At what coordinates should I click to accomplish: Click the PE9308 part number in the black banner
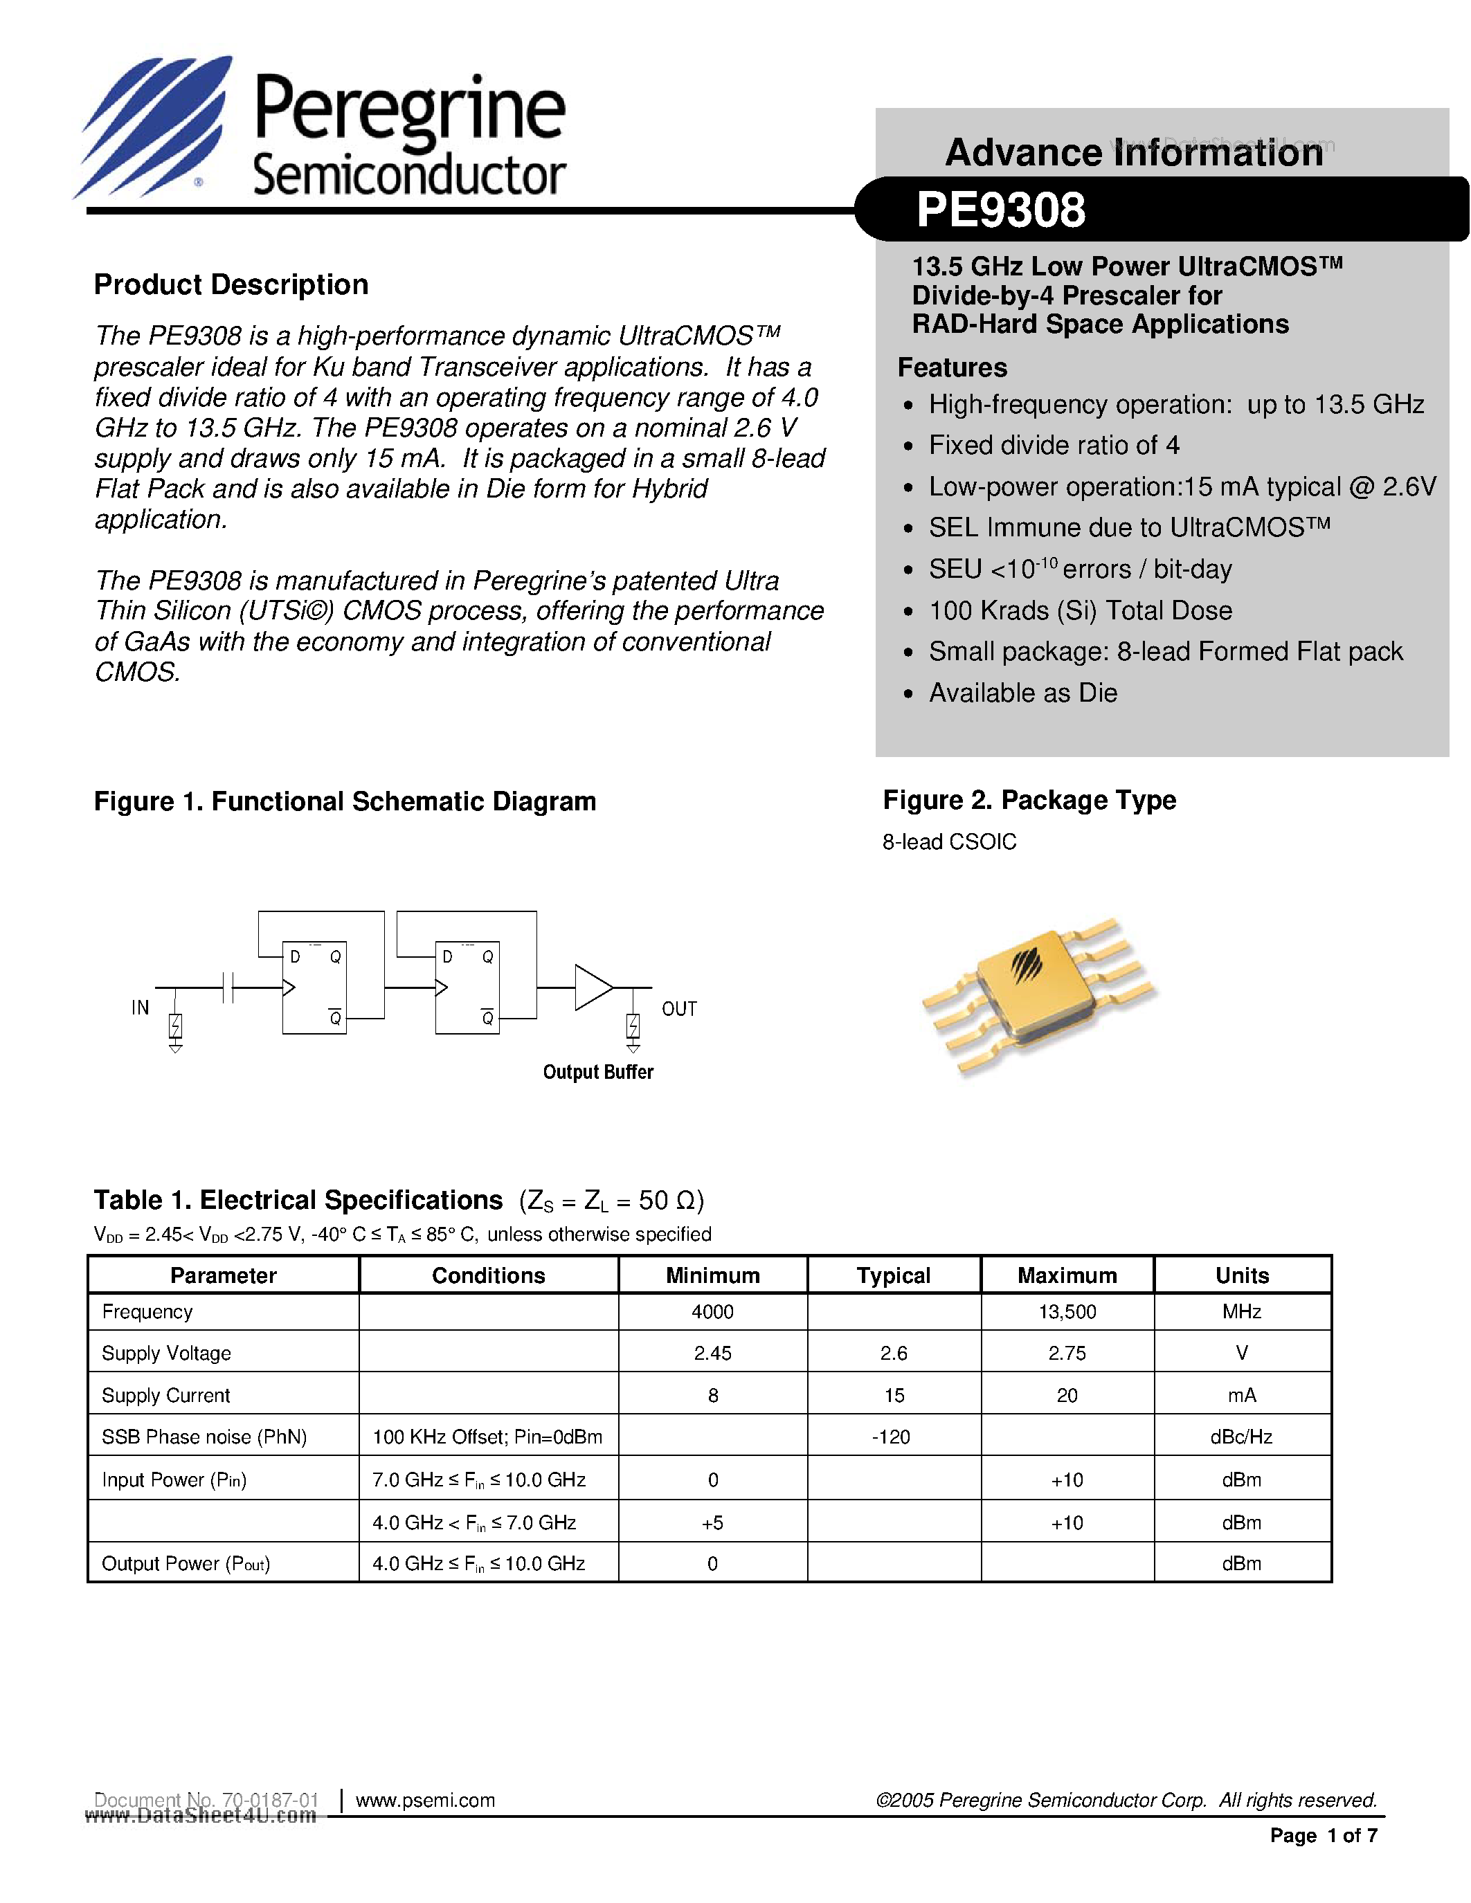coord(1000,210)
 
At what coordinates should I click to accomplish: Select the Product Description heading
coord(231,285)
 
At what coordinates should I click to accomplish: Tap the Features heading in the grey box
coord(952,367)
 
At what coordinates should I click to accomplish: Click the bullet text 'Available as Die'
coord(1022,693)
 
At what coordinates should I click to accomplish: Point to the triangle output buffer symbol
coord(593,987)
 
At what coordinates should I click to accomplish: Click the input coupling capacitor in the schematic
coord(228,987)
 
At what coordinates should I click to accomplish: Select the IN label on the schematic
coord(141,1008)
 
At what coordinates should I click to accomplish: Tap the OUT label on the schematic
coord(679,1009)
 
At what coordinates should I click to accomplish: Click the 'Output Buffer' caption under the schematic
coord(598,1072)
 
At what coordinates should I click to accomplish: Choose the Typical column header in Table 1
coord(893,1275)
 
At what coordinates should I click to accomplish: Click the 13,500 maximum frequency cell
coord(1067,1312)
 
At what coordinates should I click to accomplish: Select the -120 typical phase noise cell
coord(891,1437)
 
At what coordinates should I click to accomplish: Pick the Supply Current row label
coord(165,1395)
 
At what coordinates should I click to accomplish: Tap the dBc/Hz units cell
coord(1241,1437)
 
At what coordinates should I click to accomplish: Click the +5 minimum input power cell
coord(712,1522)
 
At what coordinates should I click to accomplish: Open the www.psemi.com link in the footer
coord(425,1800)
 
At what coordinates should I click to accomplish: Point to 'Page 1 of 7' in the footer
coord(1323,1836)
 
